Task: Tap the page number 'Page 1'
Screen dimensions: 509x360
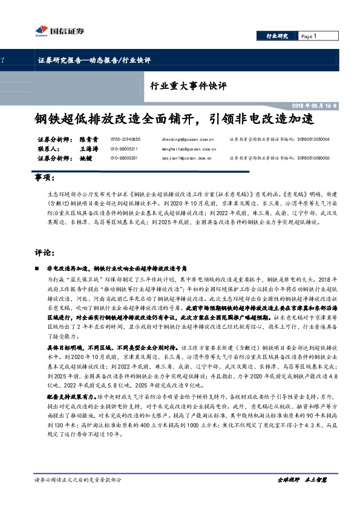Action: click(x=309, y=36)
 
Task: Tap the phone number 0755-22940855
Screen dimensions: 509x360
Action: click(x=125, y=139)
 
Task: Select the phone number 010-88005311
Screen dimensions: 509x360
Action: click(x=124, y=149)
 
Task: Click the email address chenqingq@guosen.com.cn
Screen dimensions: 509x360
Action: click(x=188, y=139)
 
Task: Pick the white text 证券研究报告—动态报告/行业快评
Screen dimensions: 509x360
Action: click(x=94, y=60)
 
